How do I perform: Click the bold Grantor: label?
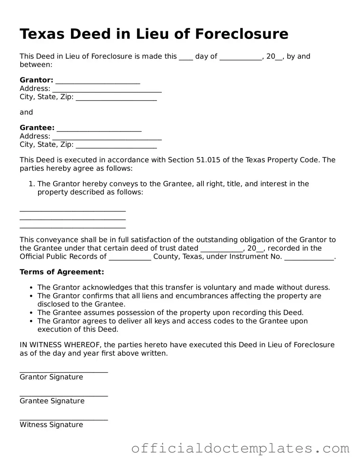pyautogui.click(x=36, y=80)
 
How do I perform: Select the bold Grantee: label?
pyautogui.click(x=37, y=128)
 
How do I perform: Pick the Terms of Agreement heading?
pyautogui.click(x=62, y=272)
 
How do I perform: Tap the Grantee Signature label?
pyautogui.click(x=52, y=401)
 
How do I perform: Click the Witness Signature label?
pyautogui.click(x=52, y=424)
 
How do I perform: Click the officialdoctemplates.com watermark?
pyautogui.click(x=240, y=448)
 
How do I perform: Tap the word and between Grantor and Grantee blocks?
pyautogui.click(x=27, y=112)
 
